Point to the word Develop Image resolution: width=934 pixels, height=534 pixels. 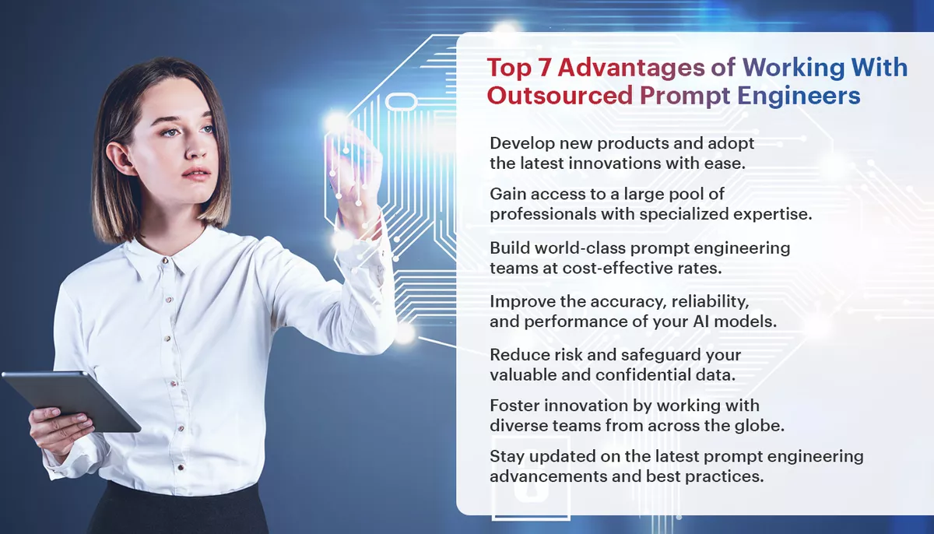(520, 145)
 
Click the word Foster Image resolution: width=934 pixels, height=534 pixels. (511, 406)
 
